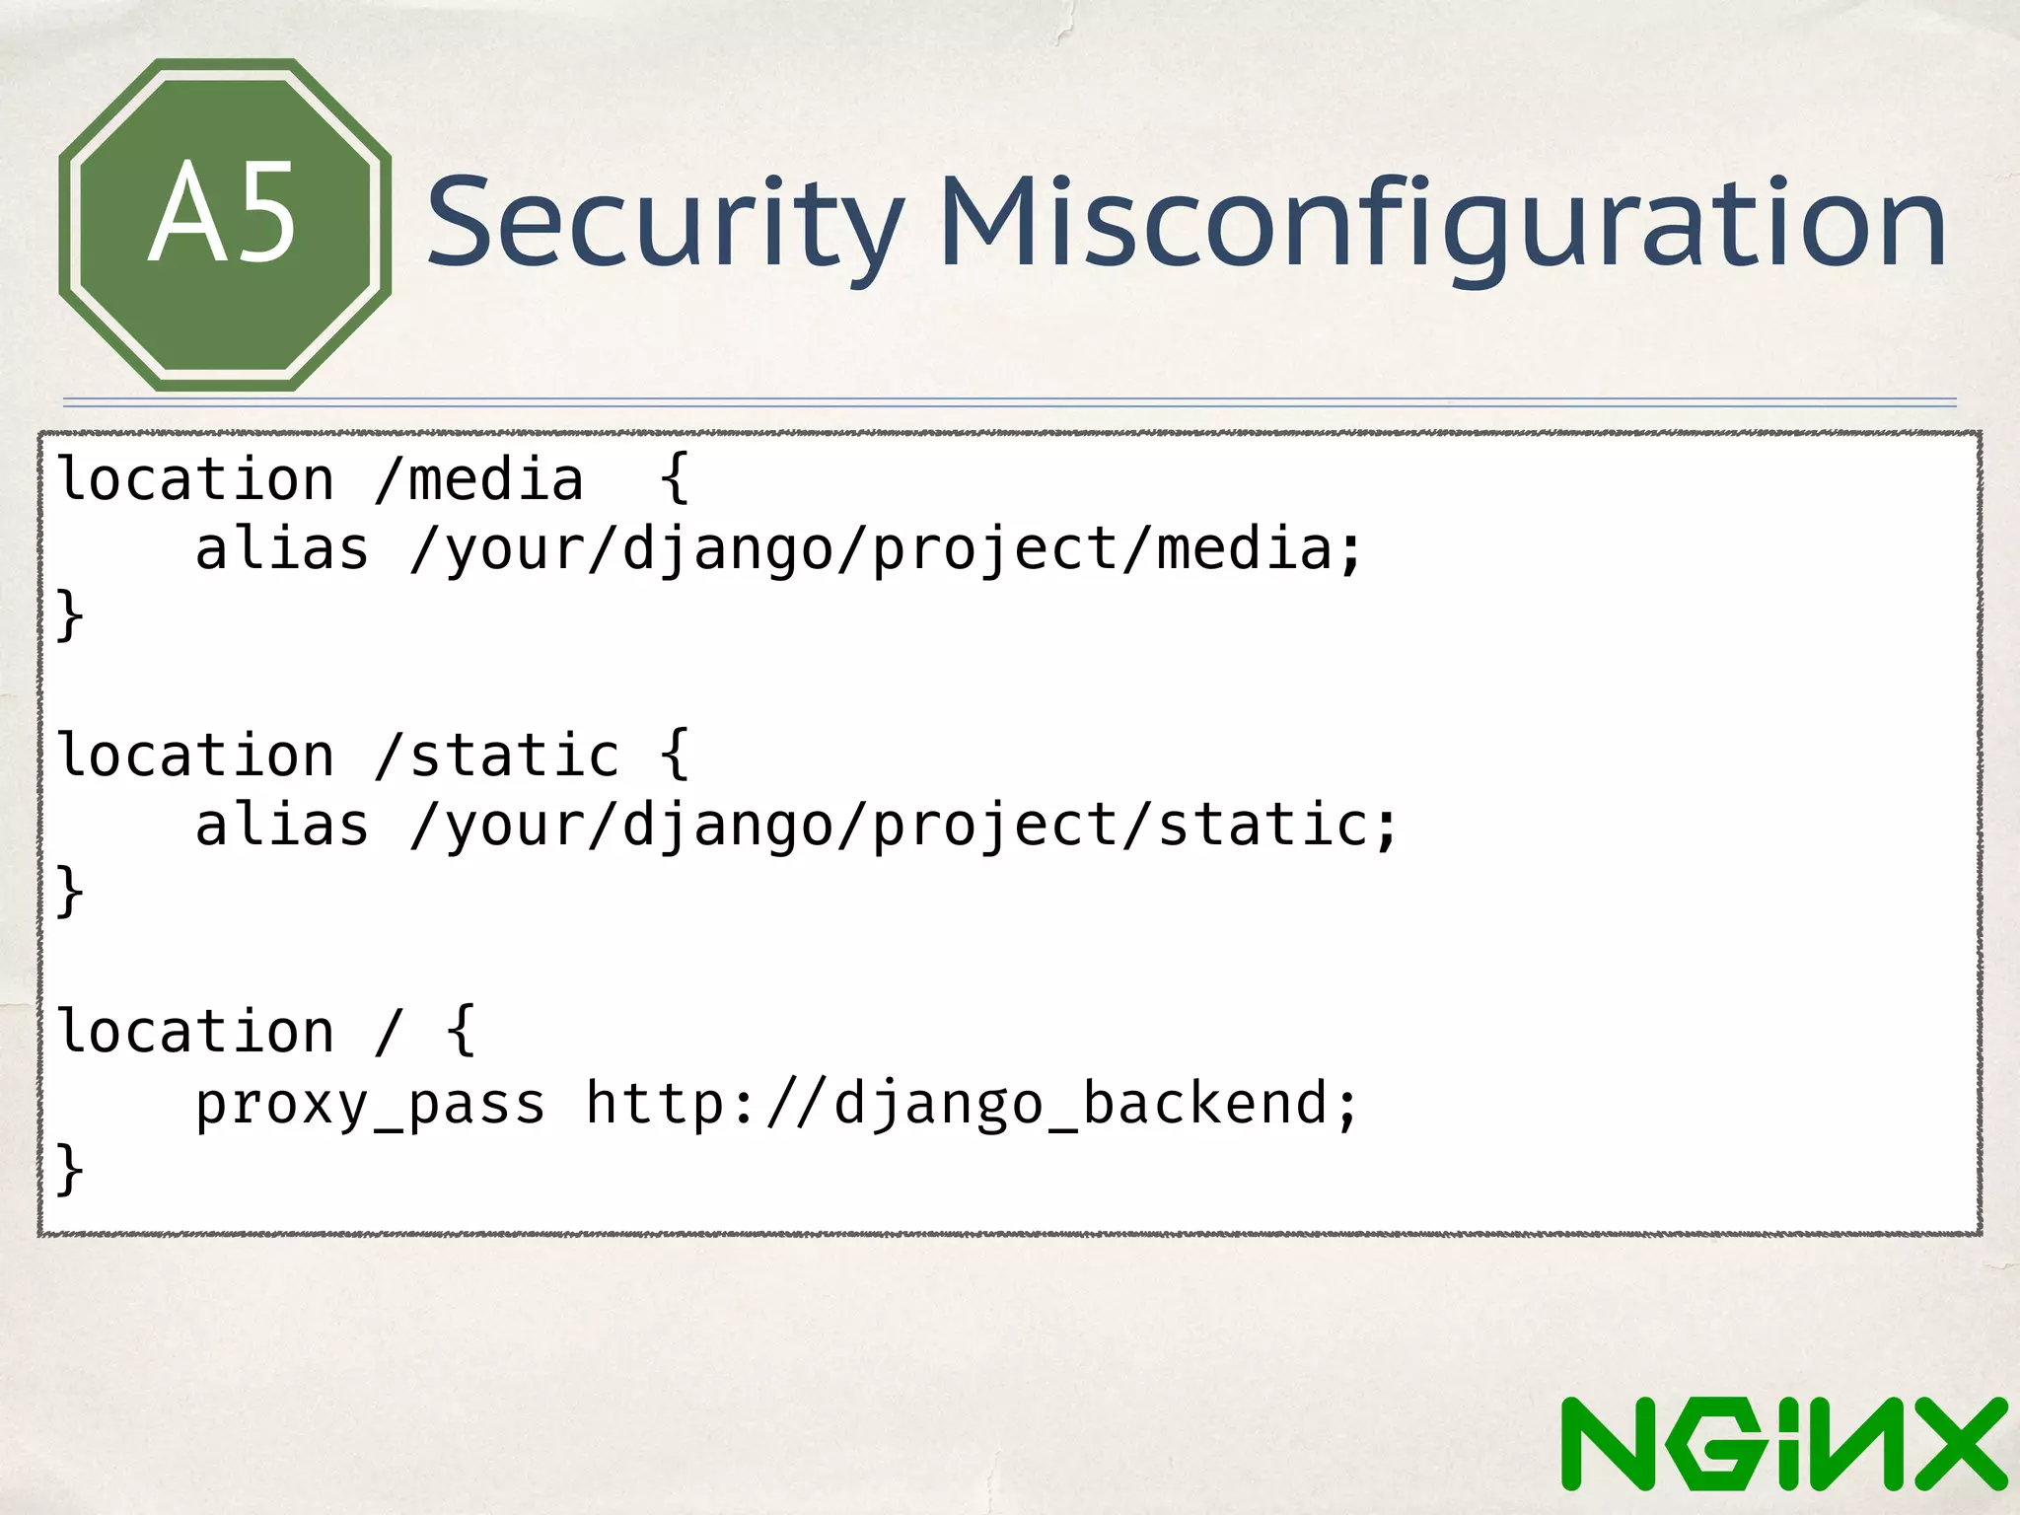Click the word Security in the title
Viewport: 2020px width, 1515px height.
664,222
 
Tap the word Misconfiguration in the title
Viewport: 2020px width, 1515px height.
1442,222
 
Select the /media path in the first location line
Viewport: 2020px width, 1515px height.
479,480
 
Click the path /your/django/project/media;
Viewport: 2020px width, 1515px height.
885,549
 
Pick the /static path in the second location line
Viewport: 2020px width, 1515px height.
497,757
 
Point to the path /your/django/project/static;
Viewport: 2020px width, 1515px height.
903,826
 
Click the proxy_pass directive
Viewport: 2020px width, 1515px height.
370,1104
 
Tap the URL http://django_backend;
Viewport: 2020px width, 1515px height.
973,1104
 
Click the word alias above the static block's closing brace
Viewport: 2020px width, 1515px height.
282,826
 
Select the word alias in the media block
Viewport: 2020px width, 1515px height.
282,549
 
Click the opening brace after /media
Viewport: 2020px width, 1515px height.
675,480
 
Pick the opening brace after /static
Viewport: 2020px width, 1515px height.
675,757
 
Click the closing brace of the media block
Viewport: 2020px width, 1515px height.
69,615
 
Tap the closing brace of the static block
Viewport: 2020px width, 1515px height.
69,892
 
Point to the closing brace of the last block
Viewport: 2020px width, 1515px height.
69,1170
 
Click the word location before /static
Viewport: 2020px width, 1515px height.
196,757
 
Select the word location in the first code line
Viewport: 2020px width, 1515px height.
196,480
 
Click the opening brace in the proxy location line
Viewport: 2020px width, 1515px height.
461,1033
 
